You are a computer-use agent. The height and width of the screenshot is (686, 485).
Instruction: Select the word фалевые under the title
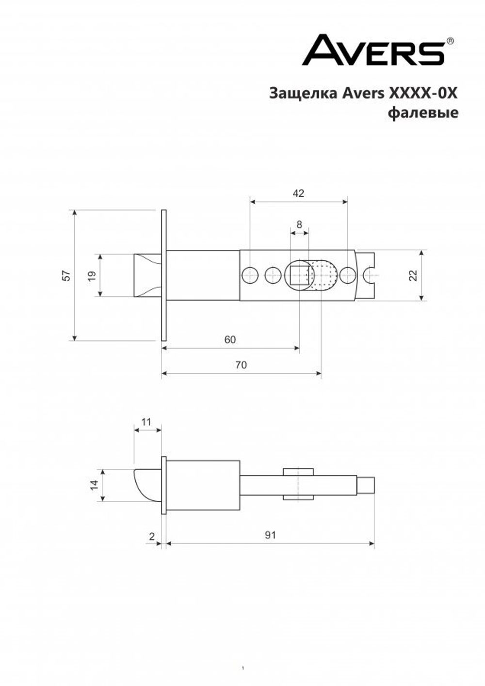point(423,113)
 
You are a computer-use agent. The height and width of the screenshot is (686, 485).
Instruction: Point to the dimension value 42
point(298,193)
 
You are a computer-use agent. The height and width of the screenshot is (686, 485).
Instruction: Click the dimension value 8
point(299,224)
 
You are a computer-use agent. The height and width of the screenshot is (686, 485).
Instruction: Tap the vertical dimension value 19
point(92,275)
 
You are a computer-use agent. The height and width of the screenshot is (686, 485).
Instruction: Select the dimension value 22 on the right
point(413,275)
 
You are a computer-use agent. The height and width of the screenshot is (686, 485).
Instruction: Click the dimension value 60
point(230,339)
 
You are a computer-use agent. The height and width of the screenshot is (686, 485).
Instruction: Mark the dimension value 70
point(241,365)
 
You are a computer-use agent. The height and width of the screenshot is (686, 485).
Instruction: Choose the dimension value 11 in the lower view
point(146,422)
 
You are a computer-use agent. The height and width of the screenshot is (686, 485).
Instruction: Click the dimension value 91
point(270,535)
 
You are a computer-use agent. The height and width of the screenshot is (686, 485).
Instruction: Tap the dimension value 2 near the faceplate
point(152,536)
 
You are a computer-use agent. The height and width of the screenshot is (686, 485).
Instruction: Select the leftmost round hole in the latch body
point(249,275)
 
